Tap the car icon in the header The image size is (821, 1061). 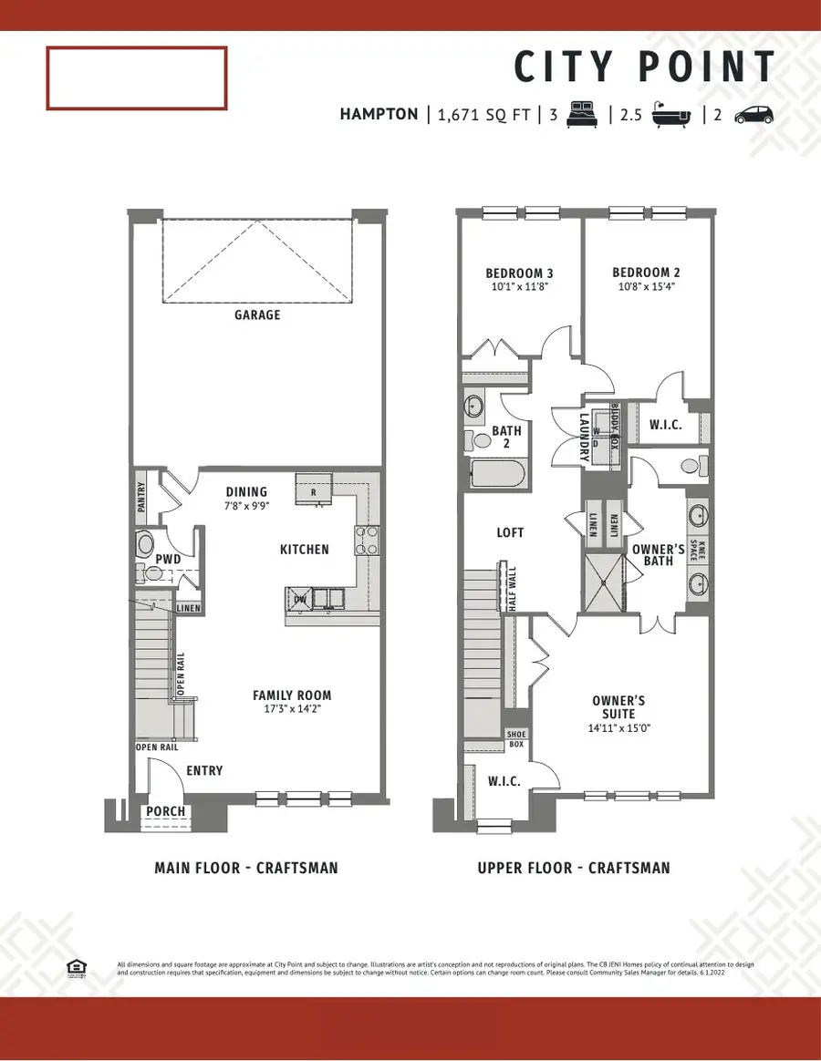753,115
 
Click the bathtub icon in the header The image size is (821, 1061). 671,115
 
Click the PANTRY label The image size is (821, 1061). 140,499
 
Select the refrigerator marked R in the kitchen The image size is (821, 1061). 314,489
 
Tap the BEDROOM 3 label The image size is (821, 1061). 519,273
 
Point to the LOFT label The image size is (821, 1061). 510,532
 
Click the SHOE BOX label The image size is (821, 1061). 516,738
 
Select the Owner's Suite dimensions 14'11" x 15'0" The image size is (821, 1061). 618,728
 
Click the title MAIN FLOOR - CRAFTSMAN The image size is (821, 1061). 246,868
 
